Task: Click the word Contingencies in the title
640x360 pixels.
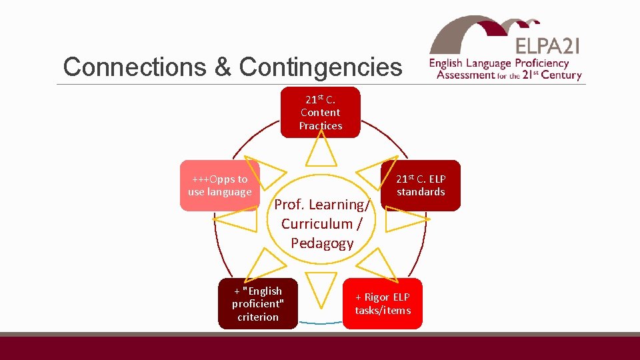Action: pyautogui.click(x=321, y=67)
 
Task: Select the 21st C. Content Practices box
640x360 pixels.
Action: pyautogui.click(x=320, y=112)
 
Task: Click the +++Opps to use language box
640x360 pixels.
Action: pyautogui.click(x=219, y=185)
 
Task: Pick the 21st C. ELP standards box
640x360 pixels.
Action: pyautogui.click(x=420, y=185)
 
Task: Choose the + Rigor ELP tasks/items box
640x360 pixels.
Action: pyautogui.click(x=383, y=304)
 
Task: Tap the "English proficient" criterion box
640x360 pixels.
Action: pyautogui.click(x=258, y=304)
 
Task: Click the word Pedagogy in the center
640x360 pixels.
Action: pyautogui.click(x=322, y=243)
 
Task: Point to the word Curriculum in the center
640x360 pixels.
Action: pyautogui.click(x=317, y=223)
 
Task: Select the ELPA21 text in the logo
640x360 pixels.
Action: pyautogui.click(x=547, y=45)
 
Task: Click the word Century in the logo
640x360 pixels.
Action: pyautogui.click(x=561, y=75)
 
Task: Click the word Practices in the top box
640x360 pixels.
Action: pyautogui.click(x=321, y=126)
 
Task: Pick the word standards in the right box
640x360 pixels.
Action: pyautogui.click(x=421, y=192)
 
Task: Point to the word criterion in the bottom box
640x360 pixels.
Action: pyautogui.click(x=258, y=317)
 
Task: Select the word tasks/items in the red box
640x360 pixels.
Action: pyautogui.click(x=383, y=311)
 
